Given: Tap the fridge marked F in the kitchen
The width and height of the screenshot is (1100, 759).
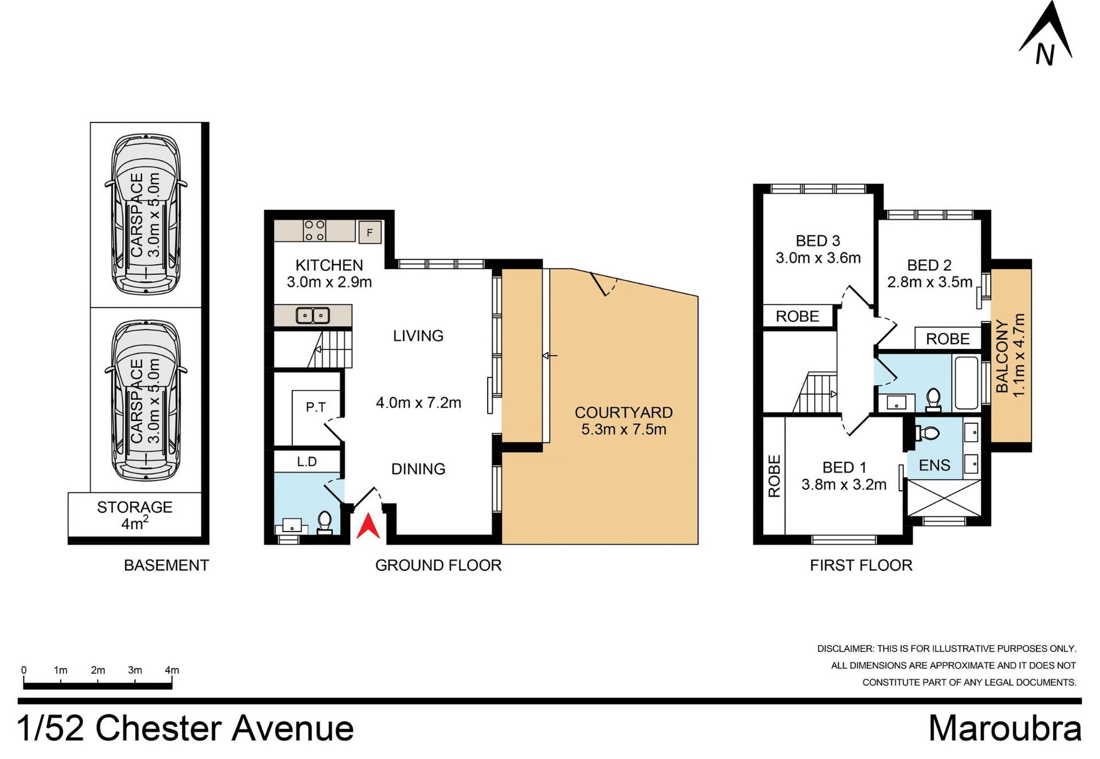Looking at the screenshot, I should tap(370, 233).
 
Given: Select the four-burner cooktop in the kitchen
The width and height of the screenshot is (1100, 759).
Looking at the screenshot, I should tap(315, 230).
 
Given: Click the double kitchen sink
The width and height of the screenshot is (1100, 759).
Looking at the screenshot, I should tap(313, 315).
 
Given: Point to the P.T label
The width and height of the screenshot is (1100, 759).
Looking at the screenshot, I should tap(316, 407).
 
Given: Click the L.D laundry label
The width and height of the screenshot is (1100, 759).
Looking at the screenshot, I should tap(307, 462).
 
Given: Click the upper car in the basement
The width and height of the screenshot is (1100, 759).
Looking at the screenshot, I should tap(146, 214).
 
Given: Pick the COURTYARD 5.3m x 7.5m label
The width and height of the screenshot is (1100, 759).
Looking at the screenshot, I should tap(623, 420).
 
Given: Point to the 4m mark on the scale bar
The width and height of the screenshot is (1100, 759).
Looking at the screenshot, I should tap(171, 671).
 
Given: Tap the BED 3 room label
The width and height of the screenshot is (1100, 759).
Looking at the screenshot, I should tap(818, 249).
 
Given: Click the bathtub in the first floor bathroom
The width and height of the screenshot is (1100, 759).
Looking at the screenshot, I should tap(966, 383).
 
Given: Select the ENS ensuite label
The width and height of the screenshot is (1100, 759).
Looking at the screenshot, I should tap(934, 465).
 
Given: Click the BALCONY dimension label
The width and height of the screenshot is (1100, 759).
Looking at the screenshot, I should tap(1011, 355).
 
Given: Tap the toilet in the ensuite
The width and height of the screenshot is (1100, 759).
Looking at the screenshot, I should tap(928, 433).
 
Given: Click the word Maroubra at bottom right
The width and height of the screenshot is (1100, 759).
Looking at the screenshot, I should tap(1004, 729).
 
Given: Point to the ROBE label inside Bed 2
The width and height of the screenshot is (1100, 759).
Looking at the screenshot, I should tap(948, 339).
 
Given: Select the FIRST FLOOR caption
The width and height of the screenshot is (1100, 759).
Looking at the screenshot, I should tap(861, 565).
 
